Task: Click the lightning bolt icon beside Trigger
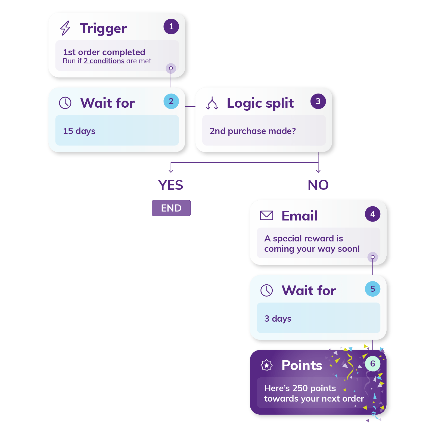click(65, 28)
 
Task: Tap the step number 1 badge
click(171, 27)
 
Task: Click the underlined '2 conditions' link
click(104, 61)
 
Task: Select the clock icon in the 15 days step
click(65, 103)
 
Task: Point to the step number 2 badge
click(171, 101)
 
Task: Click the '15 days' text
click(79, 131)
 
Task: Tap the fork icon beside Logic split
click(212, 103)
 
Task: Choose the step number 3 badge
click(318, 101)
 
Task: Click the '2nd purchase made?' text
click(253, 131)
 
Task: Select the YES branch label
click(171, 185)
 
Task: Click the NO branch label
click(318, 185)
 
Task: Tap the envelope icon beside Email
click(266, 215)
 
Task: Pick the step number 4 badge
click(372, 214)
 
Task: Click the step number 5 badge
click(372, 289)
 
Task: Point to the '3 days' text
click(278, 318)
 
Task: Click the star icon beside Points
click(266, 365)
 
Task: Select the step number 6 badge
click(372, 364)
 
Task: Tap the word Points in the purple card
click(302, 365)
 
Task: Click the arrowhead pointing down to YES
click(171, 171)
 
